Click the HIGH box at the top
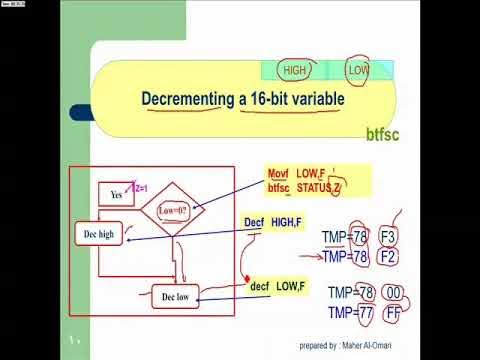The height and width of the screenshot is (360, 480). coord(295,71)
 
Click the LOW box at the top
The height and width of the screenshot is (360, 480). coord(358,71)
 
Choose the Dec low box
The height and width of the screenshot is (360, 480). coord(175,297)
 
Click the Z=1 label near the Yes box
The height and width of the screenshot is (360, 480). coord(141,188)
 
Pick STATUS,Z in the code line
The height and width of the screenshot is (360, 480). coord(320,187)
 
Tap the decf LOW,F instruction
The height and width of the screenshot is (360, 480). coord(278,287)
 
